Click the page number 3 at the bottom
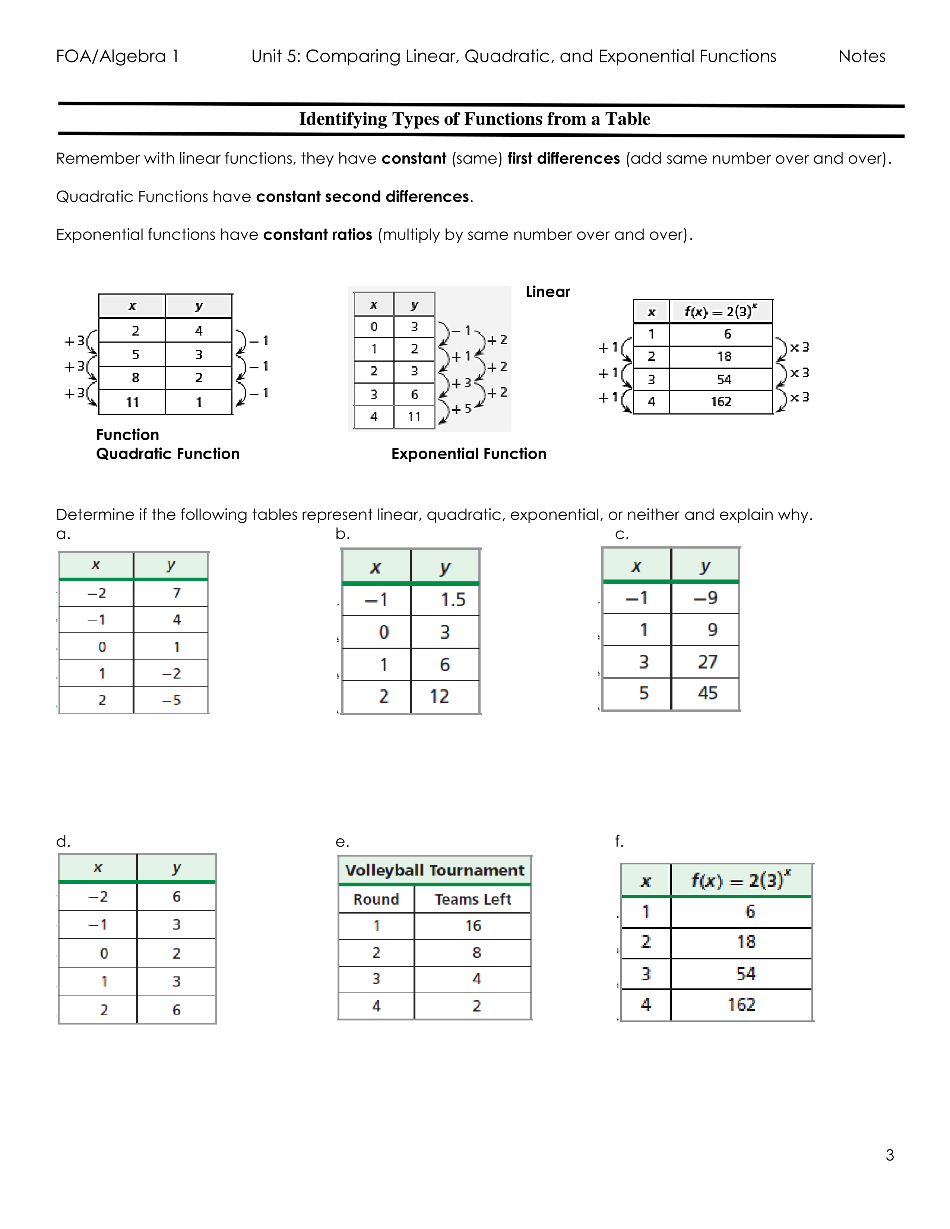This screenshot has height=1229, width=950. coord(889,1155)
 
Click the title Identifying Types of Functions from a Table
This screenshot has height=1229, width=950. coord(474,119)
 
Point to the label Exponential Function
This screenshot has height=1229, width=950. coord(468,454)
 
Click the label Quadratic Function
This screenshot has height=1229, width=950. coord(168,454)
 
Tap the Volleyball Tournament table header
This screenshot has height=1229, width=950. coord(434,871)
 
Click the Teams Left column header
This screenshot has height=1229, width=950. coord(473,899)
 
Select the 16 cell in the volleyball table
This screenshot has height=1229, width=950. coord(473,926)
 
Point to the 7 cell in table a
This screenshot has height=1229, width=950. coord(176,593)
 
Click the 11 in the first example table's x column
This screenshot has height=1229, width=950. coord(132,402)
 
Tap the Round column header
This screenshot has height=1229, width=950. coord(376,899)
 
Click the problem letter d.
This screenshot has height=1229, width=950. coord(63,841)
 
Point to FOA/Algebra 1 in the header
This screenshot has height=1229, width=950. coord(117,56)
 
